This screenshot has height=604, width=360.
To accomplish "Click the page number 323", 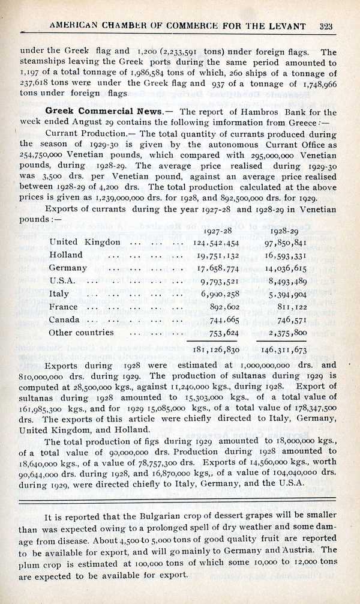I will (326, 26).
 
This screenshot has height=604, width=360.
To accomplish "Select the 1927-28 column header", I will (218, 231).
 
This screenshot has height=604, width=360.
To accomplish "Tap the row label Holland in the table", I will (67, 255).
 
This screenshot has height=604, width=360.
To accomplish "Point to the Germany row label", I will (68, 268).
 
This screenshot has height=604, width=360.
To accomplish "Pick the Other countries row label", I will (81, 332).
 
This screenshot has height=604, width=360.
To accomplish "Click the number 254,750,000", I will (42, 153).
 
